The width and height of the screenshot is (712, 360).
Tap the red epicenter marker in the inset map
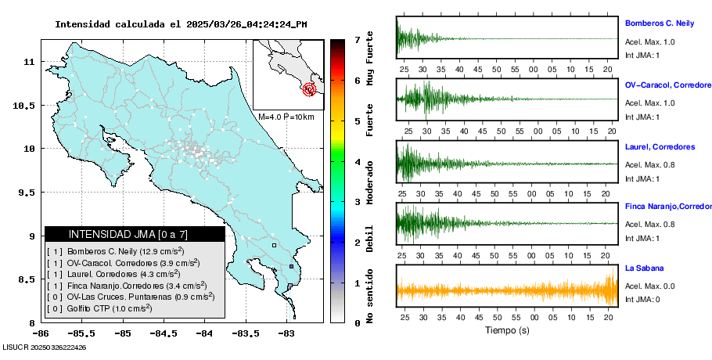(311, 90)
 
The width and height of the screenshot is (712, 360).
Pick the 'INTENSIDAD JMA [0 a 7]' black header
(135, 234)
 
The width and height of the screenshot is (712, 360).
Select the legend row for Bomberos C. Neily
(125, 251)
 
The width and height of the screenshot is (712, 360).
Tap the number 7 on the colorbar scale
(357, 39)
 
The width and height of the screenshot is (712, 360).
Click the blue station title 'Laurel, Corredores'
(660, 147)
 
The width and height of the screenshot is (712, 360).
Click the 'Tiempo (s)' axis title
(507, 330)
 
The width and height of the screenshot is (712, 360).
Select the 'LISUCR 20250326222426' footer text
(44, 347)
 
